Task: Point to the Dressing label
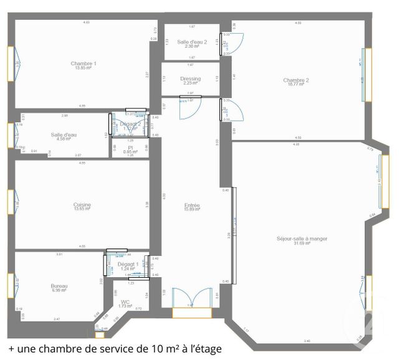[190, 80]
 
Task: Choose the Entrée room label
[191, 207]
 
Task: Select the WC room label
[125, 304]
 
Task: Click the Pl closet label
[130, 149]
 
